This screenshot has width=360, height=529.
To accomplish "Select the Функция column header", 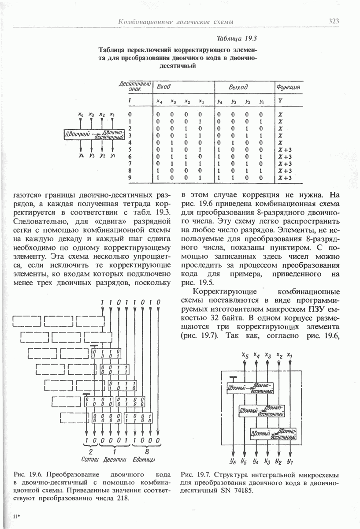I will [x=288, y=87].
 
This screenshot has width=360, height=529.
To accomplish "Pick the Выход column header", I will [x=238, y=87].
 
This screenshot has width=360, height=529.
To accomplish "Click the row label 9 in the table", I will [x=130, y=178].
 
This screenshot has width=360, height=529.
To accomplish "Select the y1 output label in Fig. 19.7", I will [x=289, y=462].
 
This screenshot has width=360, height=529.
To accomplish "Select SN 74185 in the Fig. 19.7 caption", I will [x=239, y=491].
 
